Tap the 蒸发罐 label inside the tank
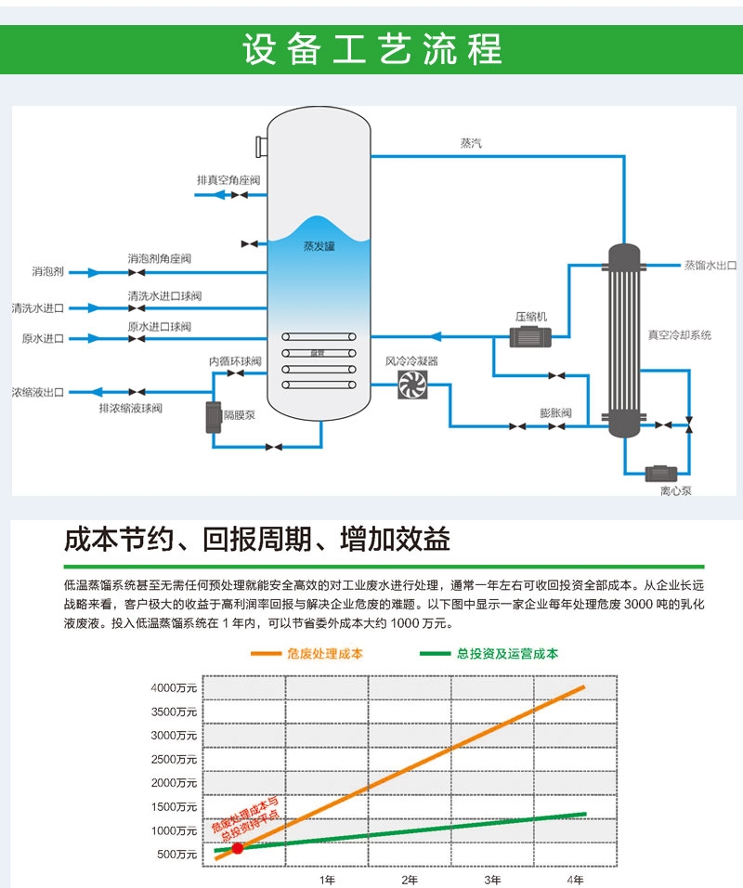point(318,247)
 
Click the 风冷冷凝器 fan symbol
point(411,385)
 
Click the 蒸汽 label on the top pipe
point(472,143)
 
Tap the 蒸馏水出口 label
point(710,265)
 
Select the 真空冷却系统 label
point(679,334)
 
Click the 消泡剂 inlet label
point(47,273)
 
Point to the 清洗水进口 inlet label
point(37,307)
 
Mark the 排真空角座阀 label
point(228,179)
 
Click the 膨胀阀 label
point(555,411)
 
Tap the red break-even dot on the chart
point(238,847)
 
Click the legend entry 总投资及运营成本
point(507,654)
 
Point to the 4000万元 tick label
point(175,688)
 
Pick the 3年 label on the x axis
point(492,879)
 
